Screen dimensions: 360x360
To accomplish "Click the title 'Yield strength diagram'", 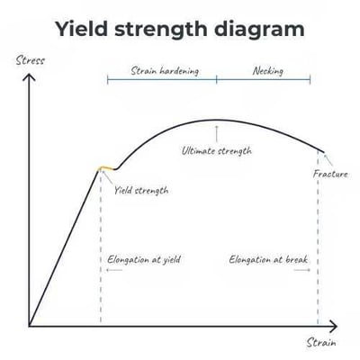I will point(179,29).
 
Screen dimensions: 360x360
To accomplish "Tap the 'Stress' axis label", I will point(30,61).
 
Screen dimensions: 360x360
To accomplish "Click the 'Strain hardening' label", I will point(165,69).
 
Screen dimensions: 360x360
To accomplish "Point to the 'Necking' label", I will point(268,69).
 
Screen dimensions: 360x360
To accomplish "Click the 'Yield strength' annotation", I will point(141,190).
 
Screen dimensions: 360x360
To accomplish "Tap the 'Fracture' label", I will point(330,173).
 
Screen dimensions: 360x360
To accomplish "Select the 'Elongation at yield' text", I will point(144,259).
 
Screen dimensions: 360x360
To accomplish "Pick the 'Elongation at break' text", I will point(268,259).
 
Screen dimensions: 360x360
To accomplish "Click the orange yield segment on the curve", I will point(107,167).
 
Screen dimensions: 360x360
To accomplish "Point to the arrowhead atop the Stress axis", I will point(29,76).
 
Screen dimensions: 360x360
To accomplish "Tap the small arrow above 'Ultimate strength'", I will point(216,133).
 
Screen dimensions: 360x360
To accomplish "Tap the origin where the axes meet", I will point(29,325).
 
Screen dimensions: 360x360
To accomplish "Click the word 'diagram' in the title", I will point(255,29).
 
